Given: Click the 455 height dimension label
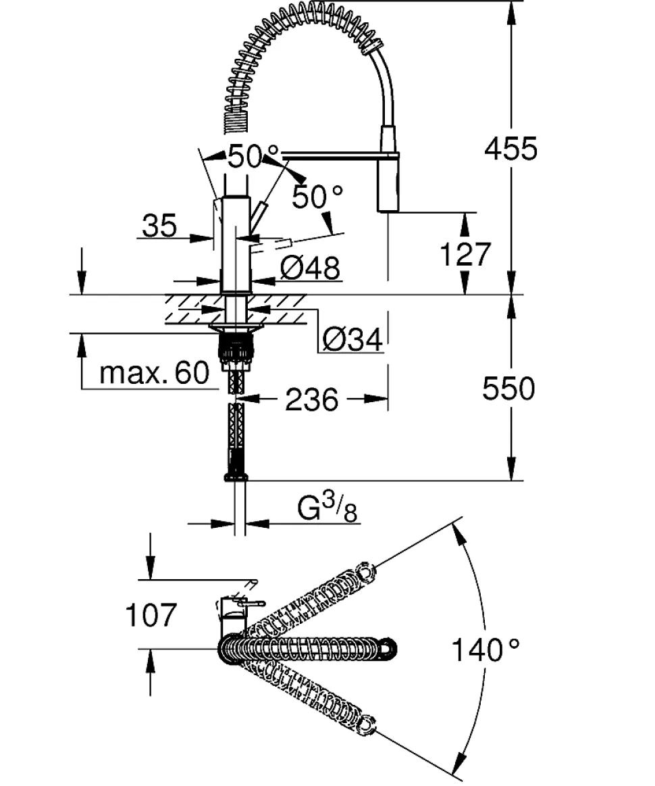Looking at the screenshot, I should (510, 148).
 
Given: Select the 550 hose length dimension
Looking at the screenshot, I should (508, 389).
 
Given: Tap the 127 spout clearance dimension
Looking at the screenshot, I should (464, 255).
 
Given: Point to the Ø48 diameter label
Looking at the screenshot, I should (309, 268).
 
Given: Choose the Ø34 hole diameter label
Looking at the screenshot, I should (352, 339).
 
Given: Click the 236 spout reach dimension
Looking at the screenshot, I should (311, 399).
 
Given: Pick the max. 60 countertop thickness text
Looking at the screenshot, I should (154, 372).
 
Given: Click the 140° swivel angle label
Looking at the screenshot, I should (486, 650).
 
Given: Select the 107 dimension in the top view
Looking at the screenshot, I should (151, 615).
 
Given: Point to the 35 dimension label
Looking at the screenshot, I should (159, 226).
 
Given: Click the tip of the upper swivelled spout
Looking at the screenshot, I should (366, 572).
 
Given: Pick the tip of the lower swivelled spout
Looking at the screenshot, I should (367, 726).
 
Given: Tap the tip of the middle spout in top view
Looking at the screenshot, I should (388, 649).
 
